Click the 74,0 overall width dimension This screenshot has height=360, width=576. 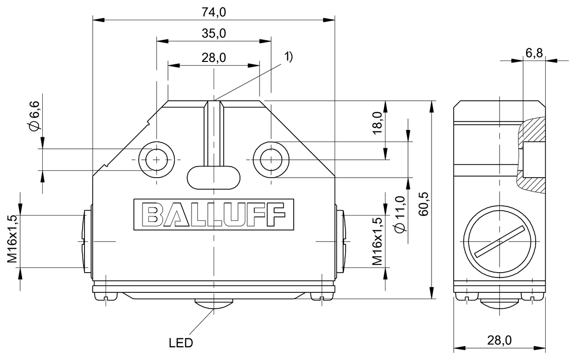click(213, 13)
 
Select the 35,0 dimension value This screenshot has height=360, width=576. click(213, 33)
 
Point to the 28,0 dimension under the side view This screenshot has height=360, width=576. click(499, 340)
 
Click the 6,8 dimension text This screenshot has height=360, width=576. click(534, 53)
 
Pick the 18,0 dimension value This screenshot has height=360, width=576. click(377, 122)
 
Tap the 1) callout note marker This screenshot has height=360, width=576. click(288, 56)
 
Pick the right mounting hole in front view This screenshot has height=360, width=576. click(271, 158)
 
